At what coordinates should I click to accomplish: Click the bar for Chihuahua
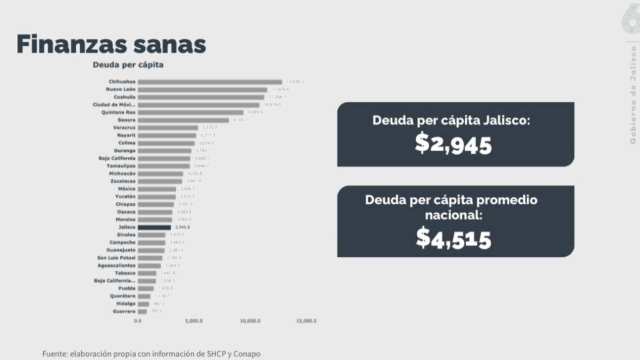(209, 82)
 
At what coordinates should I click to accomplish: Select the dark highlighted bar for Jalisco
(154, 227)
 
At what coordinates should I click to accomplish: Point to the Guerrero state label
(123, 311)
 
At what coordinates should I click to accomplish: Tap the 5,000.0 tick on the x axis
(194, 321)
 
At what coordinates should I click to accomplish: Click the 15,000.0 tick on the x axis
(306, 321)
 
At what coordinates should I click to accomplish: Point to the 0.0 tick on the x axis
(138, 321)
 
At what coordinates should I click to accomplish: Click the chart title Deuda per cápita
(128, 64)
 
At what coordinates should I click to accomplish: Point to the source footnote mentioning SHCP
(151, 354)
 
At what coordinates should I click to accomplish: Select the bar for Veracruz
(167, 127)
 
